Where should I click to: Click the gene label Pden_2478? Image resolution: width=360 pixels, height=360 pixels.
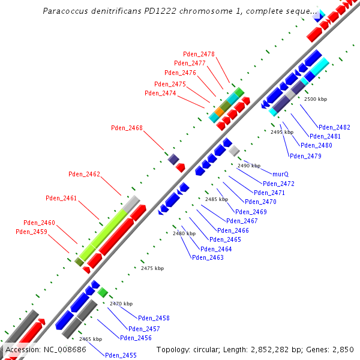[x=199, y=54]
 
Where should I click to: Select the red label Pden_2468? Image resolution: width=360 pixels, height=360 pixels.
[x=127, y=128]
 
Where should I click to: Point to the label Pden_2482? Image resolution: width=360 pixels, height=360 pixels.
[x=334, y=127]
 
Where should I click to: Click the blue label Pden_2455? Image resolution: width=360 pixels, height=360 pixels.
[x=121, y=355]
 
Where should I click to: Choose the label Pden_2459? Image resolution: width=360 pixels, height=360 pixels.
[x=31, y=232]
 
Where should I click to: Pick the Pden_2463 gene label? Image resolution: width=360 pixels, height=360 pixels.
[x=208, y=257]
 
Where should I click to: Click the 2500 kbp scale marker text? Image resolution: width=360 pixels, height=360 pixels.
[x=316, y=98]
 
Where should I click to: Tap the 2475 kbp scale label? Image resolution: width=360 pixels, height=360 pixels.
[x=152, y=268]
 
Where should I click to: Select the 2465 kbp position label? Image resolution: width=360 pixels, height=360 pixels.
[x=91, y=339]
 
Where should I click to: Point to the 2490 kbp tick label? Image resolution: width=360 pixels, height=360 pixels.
[x=249, y=166]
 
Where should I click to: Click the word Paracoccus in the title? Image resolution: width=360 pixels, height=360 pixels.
[x=65, y=11]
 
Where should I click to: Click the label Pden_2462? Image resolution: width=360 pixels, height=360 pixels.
[x=84, y=175]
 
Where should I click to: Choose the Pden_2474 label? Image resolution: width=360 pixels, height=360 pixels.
[x=160, y=93]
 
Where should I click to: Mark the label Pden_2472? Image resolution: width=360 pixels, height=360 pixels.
[x=278, y=184]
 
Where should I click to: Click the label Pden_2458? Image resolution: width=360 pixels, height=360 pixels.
[x=154, y=318]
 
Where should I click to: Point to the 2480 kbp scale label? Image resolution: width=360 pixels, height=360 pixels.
[x=184, y=233]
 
